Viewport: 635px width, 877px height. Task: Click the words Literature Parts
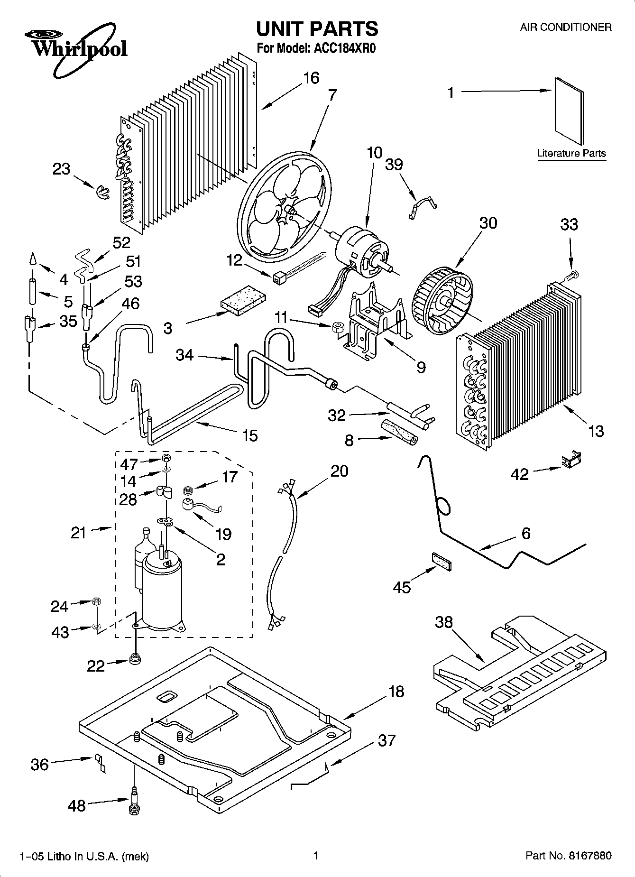point(571,153)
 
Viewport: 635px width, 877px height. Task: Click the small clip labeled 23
point(102,192)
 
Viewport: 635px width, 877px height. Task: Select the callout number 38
point(444,622)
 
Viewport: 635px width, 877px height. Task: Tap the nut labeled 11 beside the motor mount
point(338,327)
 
